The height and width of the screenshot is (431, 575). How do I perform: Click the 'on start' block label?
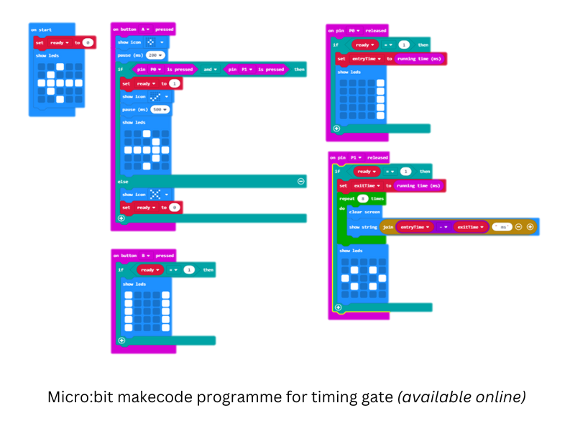[x=41, y=30]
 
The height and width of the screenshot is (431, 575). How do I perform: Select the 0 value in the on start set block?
[x=88, y=43]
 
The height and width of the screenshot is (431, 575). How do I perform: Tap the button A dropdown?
[x=147, y=29]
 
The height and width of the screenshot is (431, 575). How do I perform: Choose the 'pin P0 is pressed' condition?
[x=165, y=70]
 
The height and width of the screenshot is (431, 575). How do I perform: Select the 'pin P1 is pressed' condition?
[x=254, y=70]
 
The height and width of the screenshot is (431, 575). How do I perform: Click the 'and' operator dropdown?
[x=209, y=70]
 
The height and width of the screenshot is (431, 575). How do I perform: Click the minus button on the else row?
[x=300, y=182]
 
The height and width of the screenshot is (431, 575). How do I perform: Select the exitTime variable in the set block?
[x=368, y=185]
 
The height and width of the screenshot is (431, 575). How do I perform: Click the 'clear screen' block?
[x=364, y=212]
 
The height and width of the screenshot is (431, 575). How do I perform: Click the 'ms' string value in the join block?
[x=501, y=227]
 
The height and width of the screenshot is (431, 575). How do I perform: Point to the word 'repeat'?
[x=348, y=198]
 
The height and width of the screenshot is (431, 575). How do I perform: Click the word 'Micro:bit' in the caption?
[x=78, y=396]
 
